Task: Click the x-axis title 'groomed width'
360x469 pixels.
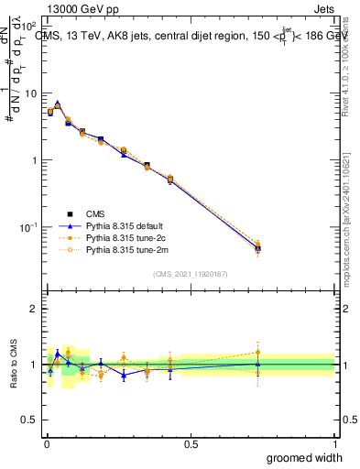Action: point(300,457)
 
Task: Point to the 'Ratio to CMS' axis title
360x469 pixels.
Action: point(15,364)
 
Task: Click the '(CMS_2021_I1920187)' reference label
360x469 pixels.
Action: point(190,273)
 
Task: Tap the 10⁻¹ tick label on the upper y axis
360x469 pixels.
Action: point(29,226)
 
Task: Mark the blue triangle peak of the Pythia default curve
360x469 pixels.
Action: point(57,104)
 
